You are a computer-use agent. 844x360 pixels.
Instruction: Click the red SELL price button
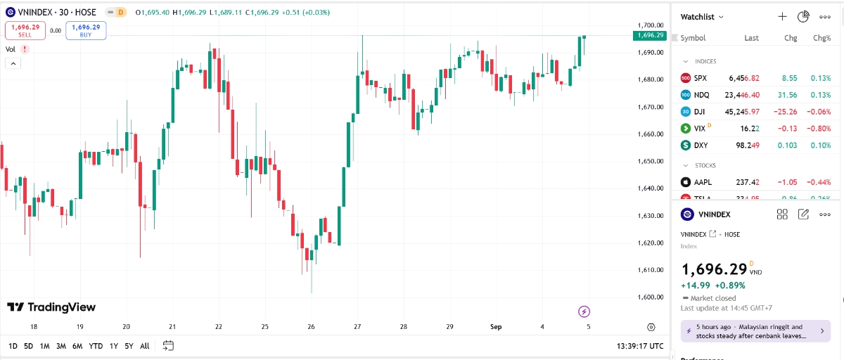25,30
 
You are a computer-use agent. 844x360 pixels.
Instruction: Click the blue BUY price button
86,30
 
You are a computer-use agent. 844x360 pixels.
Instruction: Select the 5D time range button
28,346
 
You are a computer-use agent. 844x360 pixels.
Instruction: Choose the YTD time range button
96,346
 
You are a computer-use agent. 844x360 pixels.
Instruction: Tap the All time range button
144,346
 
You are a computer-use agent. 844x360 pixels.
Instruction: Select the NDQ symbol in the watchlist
701,95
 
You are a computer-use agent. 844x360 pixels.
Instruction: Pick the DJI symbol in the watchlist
700,112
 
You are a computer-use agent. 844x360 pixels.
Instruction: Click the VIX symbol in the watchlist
699,129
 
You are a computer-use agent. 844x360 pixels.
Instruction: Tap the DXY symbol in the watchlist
701,146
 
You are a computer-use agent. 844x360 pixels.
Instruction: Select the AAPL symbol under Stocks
703,182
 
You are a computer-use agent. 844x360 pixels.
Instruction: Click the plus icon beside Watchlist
782,16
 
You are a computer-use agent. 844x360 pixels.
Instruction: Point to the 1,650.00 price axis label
651,161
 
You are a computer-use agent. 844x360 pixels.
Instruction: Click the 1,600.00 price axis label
651,297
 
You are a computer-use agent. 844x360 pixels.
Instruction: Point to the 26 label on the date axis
311,327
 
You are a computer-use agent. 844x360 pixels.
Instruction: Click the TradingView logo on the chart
51,307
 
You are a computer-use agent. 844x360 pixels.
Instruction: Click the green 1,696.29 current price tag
649,34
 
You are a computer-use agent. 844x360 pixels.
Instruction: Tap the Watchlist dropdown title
702,16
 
